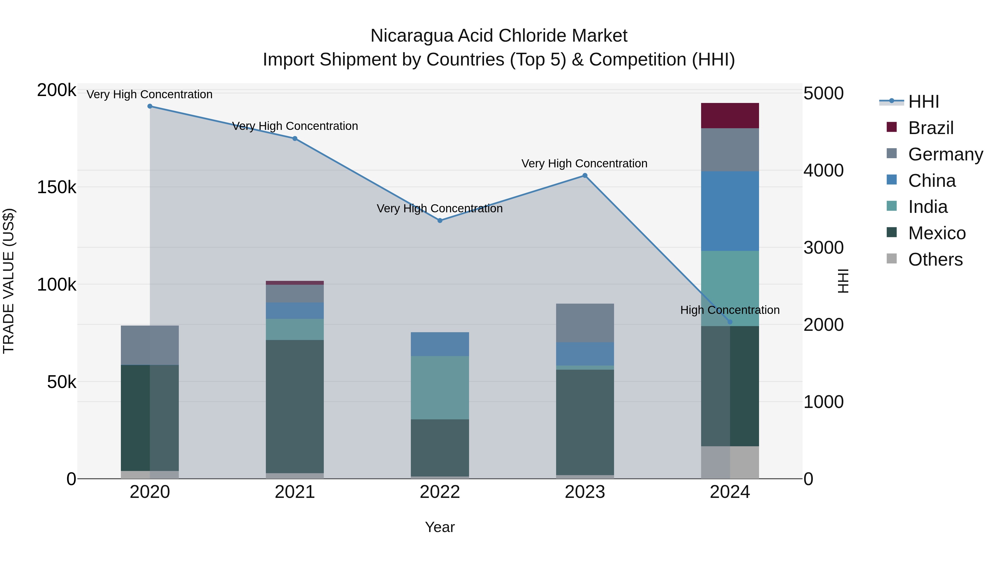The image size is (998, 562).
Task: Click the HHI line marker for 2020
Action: [150, 106]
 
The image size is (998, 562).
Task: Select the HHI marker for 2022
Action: [440, 221]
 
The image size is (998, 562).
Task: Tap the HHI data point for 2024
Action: [730, 322]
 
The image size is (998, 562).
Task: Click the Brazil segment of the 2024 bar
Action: [730, 115]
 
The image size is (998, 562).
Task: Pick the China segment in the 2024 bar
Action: [730, 211]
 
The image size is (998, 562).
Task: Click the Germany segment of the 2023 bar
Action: [585, 323]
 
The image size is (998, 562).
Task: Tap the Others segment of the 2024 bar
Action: [730, 462]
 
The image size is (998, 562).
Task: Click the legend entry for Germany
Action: [945, 154]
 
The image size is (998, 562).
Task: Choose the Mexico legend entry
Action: [936, 233]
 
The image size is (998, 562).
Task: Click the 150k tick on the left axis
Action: [57, 187]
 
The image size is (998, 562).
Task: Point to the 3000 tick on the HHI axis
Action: [823, 248]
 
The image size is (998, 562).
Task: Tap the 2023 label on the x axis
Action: [585, 492]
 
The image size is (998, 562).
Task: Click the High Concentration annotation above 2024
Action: [730, 310]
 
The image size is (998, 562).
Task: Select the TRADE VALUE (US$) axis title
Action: [9, 281]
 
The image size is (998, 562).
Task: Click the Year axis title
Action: [440, 527]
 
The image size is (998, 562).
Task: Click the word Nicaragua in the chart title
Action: [412, 36]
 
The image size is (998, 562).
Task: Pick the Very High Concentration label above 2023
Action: [584, 163]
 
